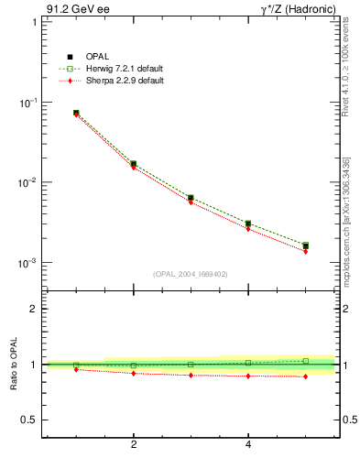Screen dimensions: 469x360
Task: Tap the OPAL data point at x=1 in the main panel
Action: (x=76, y=113)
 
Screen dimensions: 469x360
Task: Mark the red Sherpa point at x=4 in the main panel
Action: (x=248, y=229)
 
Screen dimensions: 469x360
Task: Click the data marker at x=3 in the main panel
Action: (x=191, y=197)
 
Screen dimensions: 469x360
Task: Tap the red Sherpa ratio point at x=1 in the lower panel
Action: (x=76, y=369)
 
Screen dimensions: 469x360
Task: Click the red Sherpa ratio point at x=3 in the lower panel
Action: (x=191, y=376)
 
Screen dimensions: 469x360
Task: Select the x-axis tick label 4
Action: (x=248, y=445)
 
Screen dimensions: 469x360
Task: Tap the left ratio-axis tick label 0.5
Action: (x=28, y=420)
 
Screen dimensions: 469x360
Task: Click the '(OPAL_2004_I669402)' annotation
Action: (x=190, y=273)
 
